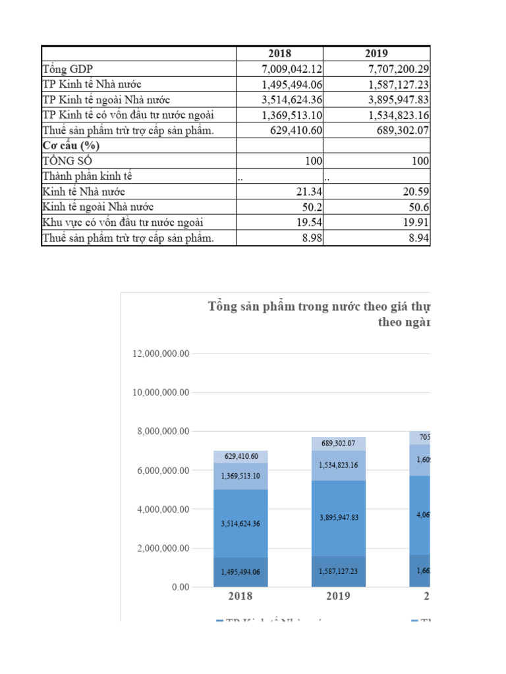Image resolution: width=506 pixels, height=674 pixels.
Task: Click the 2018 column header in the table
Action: pos(279,54)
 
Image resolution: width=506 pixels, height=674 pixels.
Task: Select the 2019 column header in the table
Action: pos(377,54)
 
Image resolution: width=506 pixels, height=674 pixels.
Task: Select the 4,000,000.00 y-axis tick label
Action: pos(160,509)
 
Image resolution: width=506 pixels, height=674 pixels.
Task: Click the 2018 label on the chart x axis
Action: pos(240,596)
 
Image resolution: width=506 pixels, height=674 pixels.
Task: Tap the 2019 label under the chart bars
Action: pos(338,596)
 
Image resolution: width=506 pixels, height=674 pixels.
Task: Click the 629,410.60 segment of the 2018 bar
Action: pos(240,456)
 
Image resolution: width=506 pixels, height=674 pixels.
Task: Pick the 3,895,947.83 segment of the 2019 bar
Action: pos(338,518)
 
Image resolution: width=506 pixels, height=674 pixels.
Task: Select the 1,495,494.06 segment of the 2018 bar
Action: pos(240,572)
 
